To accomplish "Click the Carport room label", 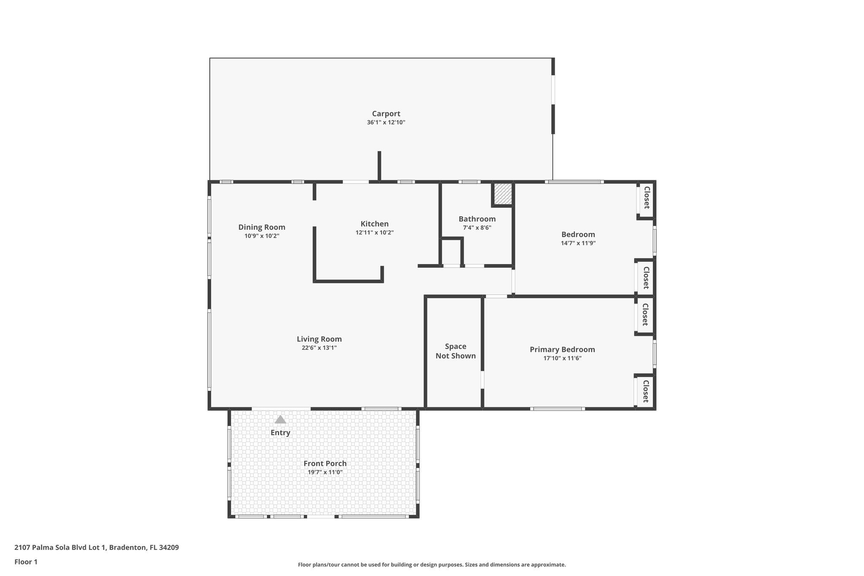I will (x=386, y=114).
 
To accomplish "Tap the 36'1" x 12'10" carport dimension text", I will (x=386, y=123).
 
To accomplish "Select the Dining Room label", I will (x=262, y=227).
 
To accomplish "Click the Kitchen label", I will (x=374, y=224).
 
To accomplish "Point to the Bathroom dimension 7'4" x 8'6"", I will (x=477, y=228).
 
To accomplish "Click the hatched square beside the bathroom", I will (x=502, y=194).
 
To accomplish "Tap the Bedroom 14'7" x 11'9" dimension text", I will (x=578, y=243).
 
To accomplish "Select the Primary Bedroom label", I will (x=562, y=349).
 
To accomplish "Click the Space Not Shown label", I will (x=456, y=351).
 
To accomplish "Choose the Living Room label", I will (x=319, y=339).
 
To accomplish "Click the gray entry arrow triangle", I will (x=280, y=419).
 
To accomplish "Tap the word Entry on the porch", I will (x=280, y=433).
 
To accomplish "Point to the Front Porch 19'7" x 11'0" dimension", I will (x=325, y=473).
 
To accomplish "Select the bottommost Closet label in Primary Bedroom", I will (x=645, y=391).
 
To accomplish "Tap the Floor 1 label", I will (x=26, y=562).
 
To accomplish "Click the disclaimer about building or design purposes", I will (x=432, y=565).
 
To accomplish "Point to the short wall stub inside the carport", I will (x=379, y=166).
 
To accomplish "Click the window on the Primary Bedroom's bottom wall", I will (x=557, y=408).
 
